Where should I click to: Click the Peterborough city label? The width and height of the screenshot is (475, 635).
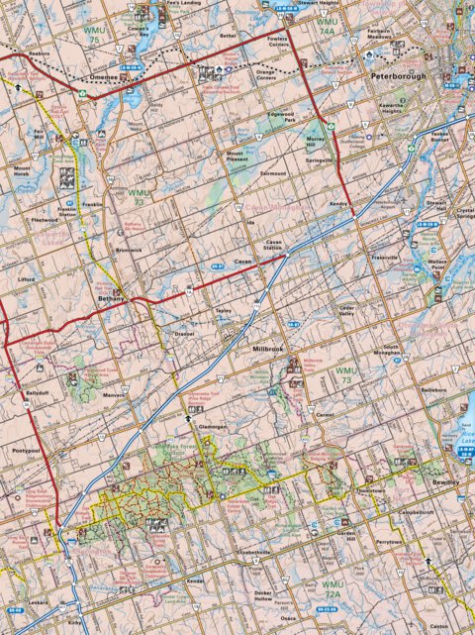[397, 75]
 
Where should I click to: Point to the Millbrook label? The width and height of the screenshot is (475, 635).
[268, 350]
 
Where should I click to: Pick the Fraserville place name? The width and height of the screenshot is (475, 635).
[382, 258]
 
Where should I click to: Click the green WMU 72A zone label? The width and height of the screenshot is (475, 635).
[332, 588]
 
